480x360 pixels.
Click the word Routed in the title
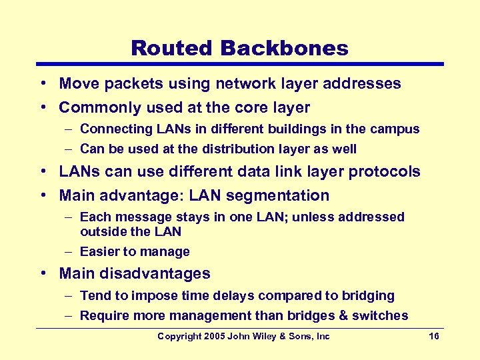point(171,48)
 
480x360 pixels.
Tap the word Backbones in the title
point(283,48)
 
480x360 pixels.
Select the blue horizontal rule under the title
point(239,65)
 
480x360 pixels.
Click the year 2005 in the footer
point(213,337)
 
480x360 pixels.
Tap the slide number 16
point(434,337)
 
